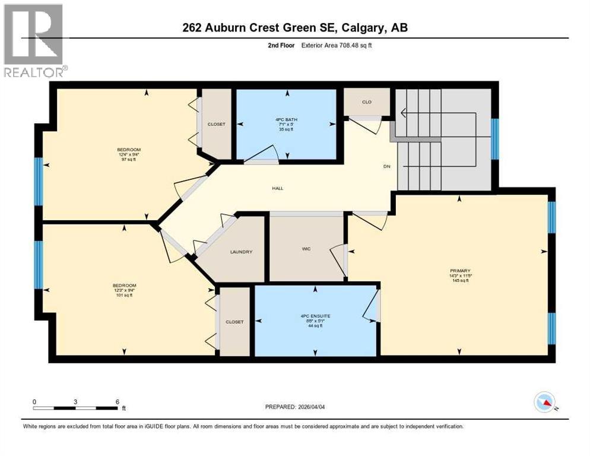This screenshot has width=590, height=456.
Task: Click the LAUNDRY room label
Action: [x=241, y=252]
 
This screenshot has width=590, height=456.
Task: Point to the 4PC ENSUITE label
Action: [x=315, y=316]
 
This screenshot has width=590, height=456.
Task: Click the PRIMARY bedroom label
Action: [x=459, y=271]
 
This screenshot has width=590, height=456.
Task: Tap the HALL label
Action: [x=278, y=188]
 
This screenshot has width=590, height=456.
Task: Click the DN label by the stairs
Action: [x=386, y=167]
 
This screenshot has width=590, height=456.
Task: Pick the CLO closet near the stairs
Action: [x=367, y=102]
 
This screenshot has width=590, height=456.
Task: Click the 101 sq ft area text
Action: [x=125, y=296]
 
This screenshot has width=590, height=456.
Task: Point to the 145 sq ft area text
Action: [x=459, y=281]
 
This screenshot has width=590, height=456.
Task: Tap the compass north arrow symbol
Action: [x=545, y=403]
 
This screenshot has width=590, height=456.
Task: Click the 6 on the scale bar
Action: [x=118, y=401]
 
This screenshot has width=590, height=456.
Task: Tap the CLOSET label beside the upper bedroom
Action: [x=216, y=124]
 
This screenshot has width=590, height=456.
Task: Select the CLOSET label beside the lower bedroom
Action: [x=234, y=322]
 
